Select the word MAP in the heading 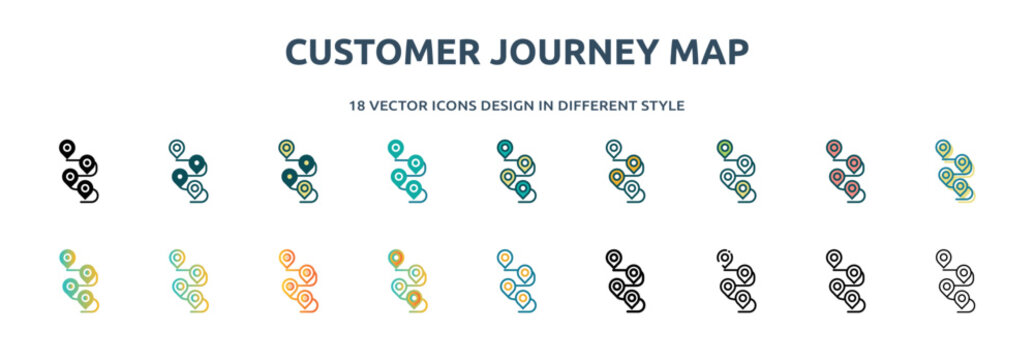click(x=711, y=51)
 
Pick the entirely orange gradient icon click(x=296, y=280)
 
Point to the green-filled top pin click(x=723, y=148)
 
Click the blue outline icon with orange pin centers click(x=515, y=280)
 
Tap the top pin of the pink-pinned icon click(x=833, y=148)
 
